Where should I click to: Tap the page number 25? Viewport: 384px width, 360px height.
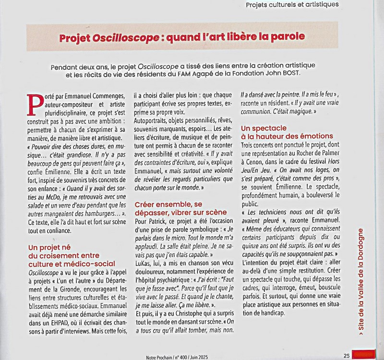pos(346,356)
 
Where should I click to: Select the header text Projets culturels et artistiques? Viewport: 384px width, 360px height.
pos(291,5)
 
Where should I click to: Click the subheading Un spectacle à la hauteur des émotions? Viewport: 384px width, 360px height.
pos(287,132)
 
